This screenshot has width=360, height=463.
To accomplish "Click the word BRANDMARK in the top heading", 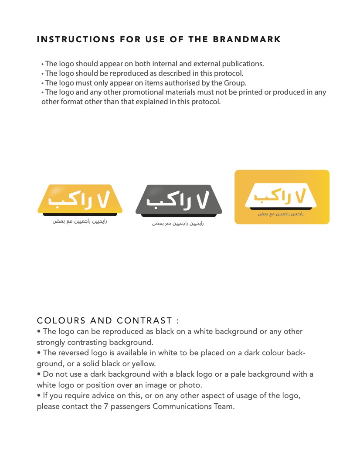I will (x=247, y=40).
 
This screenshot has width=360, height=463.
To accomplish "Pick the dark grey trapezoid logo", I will (x=179, y=200).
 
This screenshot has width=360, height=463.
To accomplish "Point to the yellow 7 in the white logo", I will (x=301, y=196).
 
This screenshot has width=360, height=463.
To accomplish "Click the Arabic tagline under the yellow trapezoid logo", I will (x=80, y=221).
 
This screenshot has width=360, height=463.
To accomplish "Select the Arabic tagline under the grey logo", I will (x=178, y=224).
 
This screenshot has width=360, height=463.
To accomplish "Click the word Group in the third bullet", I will (x=235, y=83).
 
